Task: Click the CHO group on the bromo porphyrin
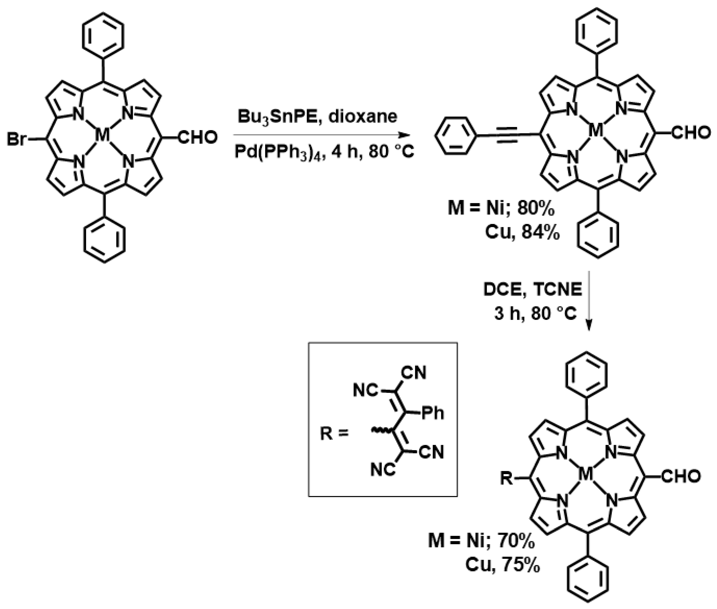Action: tap(198, 137)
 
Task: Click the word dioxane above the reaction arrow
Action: tap(362, 117)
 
